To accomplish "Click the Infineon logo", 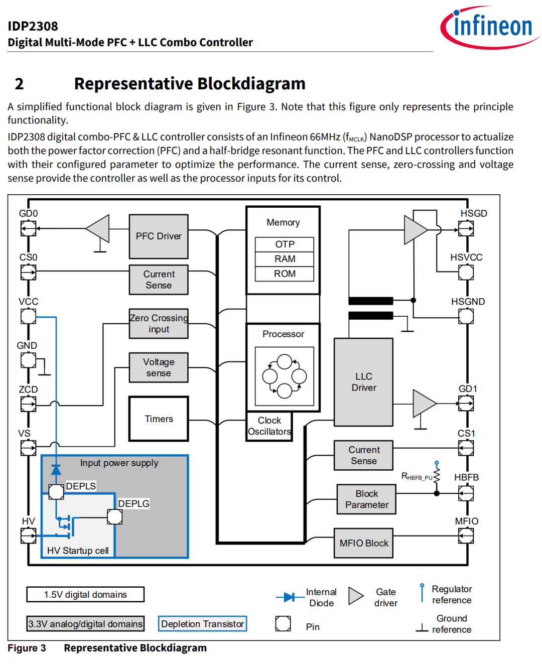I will tap(489, 27).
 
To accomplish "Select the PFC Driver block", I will tap(159, 236).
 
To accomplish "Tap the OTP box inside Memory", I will tap(285, 244).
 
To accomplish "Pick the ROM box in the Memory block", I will tap(285, 274).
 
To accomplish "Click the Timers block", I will tap(159, 419).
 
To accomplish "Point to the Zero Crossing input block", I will tap(159, 324).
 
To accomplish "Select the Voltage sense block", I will tap(159, 368).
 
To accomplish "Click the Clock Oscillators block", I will tap(269, 426).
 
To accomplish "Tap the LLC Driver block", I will tap(364, 382).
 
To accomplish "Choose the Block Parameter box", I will tap(367, 499).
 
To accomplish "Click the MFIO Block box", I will tap(364, 543).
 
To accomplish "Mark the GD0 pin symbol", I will tap(28, 229).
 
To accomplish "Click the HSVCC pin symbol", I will tap(466, 273).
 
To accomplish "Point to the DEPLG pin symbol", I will tap(115, 517).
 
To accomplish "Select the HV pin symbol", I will tap(28, 536).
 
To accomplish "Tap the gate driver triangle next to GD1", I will tap(424, 403).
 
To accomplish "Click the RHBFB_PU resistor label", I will tap(417, 477).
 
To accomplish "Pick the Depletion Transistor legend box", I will tap(203, 624).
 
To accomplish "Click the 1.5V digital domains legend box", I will tap(85, 595).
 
